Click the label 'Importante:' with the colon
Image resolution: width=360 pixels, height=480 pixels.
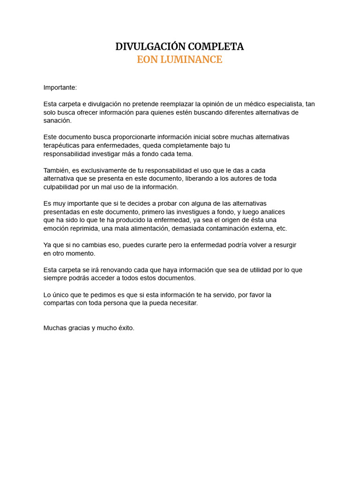click(60, 88)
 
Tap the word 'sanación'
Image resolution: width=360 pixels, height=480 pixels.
click(57, 120)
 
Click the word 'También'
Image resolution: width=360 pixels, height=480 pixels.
click(56, 170)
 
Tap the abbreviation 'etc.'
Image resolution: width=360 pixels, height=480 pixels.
click(281, 229)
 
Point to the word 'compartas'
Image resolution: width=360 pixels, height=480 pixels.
click(59, 303)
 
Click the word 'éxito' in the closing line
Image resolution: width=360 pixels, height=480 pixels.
click(125, 328)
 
